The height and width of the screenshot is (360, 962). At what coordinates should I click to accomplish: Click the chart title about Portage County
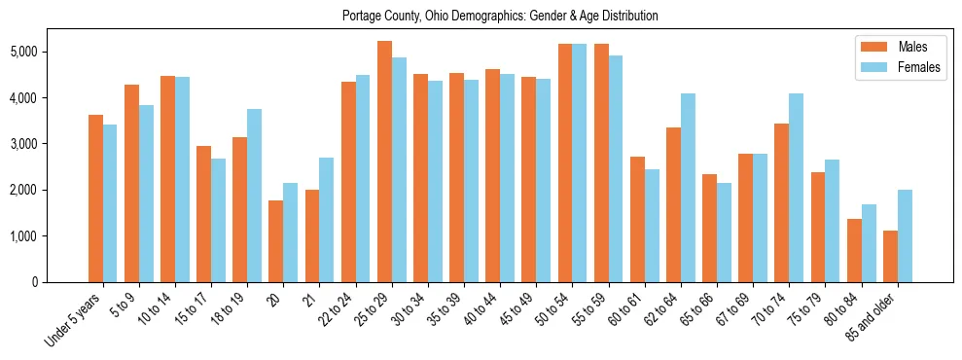tap(500, 17)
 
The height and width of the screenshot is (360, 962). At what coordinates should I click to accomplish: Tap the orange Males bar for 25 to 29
tap(384, 162)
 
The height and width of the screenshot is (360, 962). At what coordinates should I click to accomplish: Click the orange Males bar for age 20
tap(276, 241)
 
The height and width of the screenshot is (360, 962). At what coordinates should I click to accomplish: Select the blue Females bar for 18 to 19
tap(254, 196)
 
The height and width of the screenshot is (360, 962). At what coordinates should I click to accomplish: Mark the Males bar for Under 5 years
tap(95, 198)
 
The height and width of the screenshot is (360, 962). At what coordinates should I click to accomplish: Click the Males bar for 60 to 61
tap(637, 219)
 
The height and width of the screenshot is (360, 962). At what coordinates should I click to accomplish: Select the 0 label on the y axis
tap(61, 282)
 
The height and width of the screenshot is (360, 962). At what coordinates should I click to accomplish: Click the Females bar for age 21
tap(327, 220)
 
